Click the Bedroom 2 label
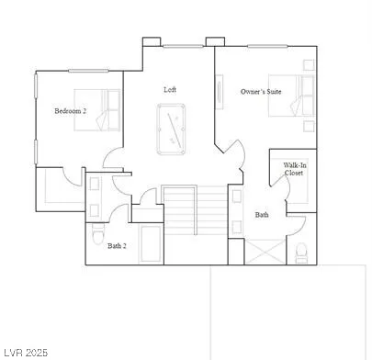70,111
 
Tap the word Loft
170,89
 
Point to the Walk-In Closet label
294,168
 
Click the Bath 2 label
118,245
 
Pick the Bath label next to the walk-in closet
262,215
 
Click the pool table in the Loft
171,129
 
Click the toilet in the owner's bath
301,251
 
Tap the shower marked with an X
265,250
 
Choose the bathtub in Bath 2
148,243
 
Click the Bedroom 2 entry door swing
114,159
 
